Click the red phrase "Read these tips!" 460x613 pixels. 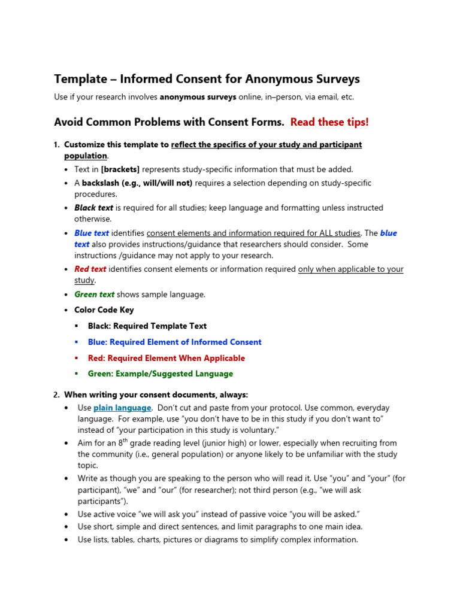click(x=329, y=122)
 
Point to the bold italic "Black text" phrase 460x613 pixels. click(x=94, y=208)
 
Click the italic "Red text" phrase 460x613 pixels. click(x=90, y=269)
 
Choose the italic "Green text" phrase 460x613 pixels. click(x=94, y=295)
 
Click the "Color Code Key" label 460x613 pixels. click(x=104, y=310)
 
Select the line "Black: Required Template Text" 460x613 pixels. click(x=147, y=326)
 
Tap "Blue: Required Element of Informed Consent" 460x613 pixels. click(x=175, y=342)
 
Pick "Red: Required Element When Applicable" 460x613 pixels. click(x=167, y=358)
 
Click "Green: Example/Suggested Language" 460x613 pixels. click(x=161, y=374)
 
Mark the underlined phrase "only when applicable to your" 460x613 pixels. click(x=351, y=269)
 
